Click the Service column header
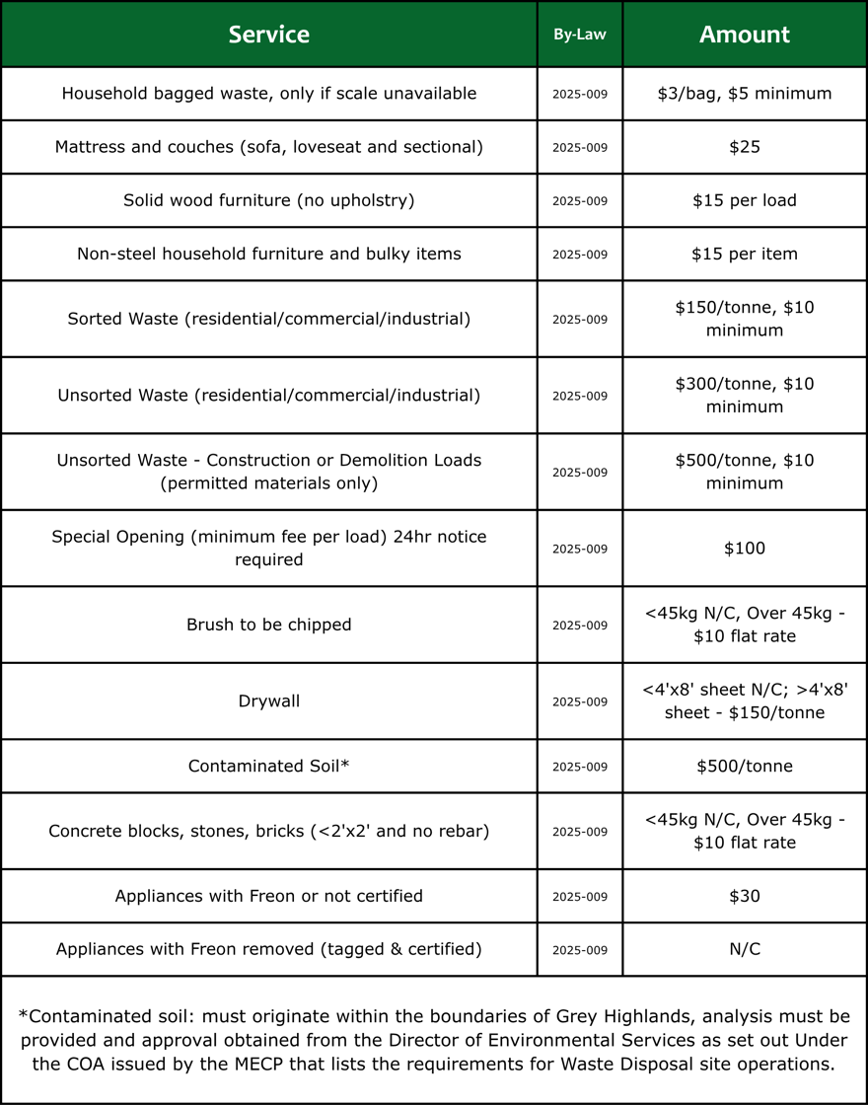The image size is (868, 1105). pos(268,35)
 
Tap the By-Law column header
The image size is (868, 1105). pos(580,35)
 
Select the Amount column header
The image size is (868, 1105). pos(745,35)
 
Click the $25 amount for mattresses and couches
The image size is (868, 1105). pos(745,147)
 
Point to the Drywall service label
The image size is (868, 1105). pos(268,701)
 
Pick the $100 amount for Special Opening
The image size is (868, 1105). pos(745,549)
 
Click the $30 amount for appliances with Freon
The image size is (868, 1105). pos(745,896)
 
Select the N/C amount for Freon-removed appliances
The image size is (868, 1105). pos(745,949)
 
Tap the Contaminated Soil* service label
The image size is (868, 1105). pos(268,767)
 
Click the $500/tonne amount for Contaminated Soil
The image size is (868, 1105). pos(745,767)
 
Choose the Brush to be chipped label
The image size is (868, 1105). pos(268,625)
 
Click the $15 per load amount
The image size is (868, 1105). pos(745,200)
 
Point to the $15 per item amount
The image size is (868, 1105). pos(745,254)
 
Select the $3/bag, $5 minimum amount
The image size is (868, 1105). pos(745,94)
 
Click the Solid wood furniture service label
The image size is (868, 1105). pos(268,200)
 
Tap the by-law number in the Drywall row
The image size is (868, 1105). pos(580,701)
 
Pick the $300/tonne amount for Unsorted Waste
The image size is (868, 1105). pos(745,395)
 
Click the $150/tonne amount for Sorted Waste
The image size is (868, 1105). pos(745,319)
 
